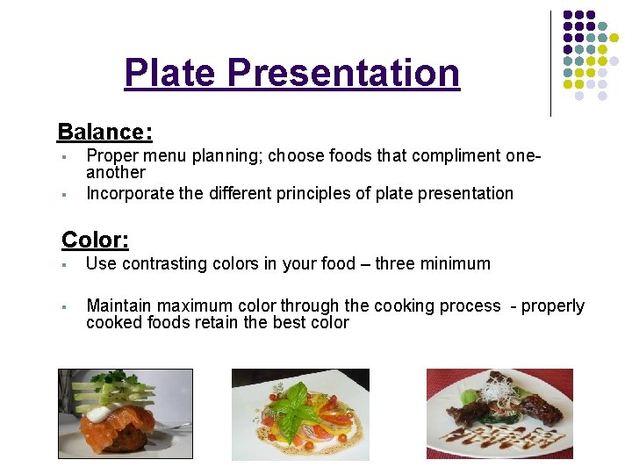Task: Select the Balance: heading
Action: tap(104, 133)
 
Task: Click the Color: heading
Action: tap(95, 240)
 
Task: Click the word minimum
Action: tap(458, 263)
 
